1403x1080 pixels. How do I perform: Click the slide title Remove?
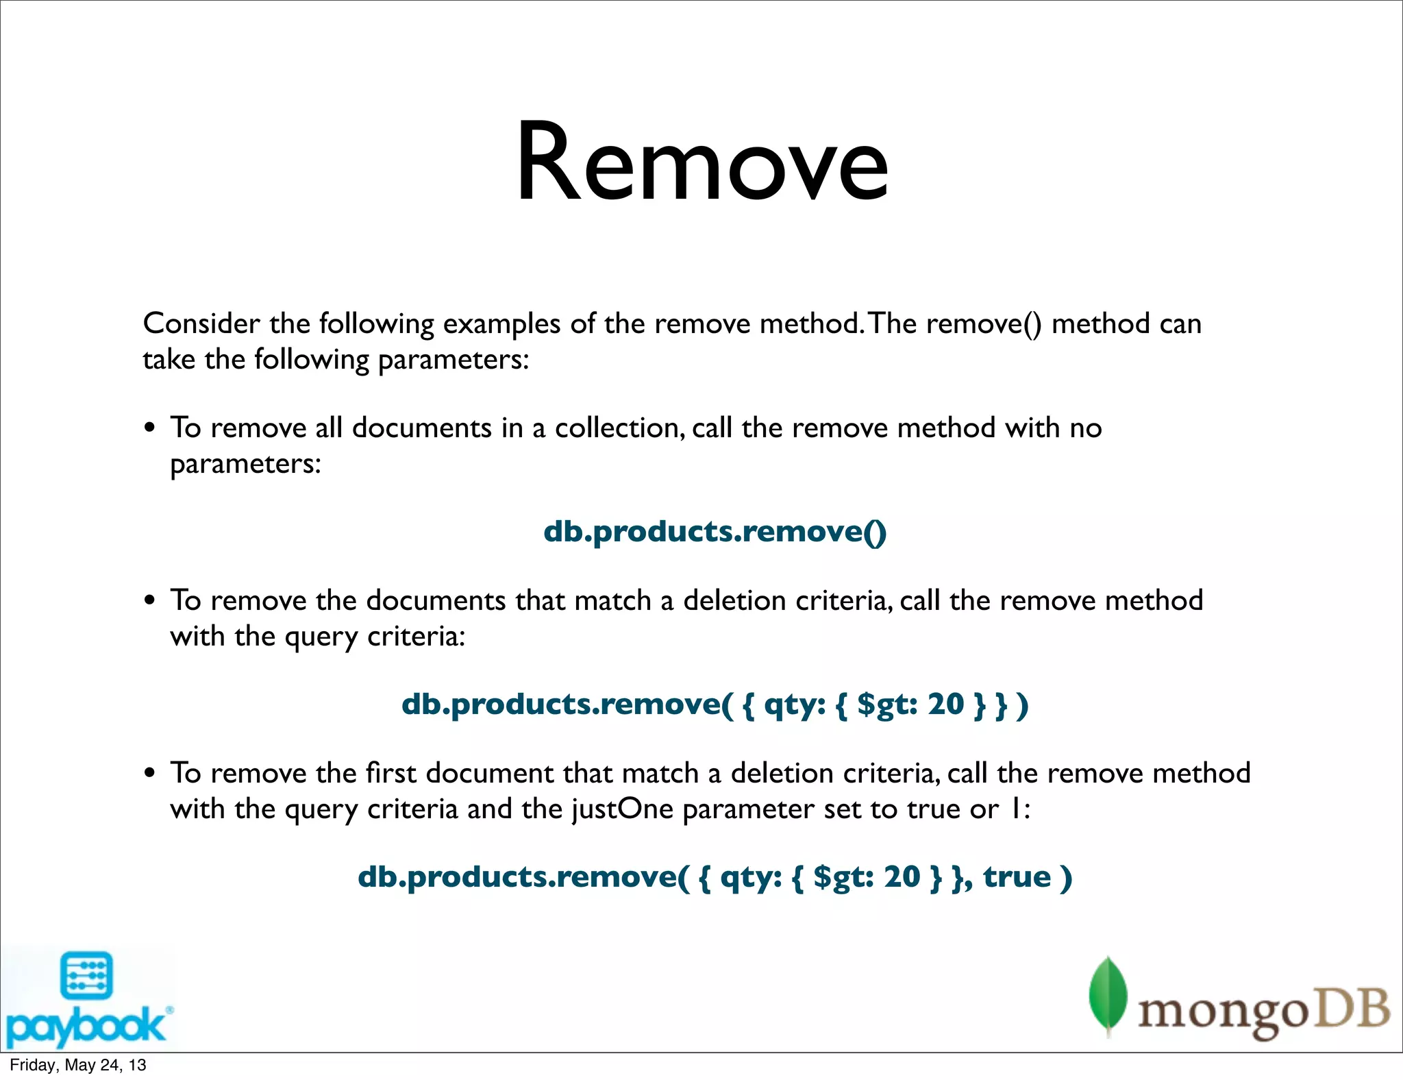pos(701,163)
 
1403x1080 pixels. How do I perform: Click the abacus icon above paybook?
pos(86,975)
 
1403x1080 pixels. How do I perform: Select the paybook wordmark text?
pos(85,1026)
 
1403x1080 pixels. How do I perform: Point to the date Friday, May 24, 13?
pos(77,1065)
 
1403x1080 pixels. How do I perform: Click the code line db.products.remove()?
pos(715,532)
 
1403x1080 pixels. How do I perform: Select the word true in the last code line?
pos(1017,876)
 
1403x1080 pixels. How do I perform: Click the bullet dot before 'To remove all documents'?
pos(150,429)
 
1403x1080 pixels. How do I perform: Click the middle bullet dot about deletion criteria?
pos(150,602)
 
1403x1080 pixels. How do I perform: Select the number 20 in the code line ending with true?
pos(902,876)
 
